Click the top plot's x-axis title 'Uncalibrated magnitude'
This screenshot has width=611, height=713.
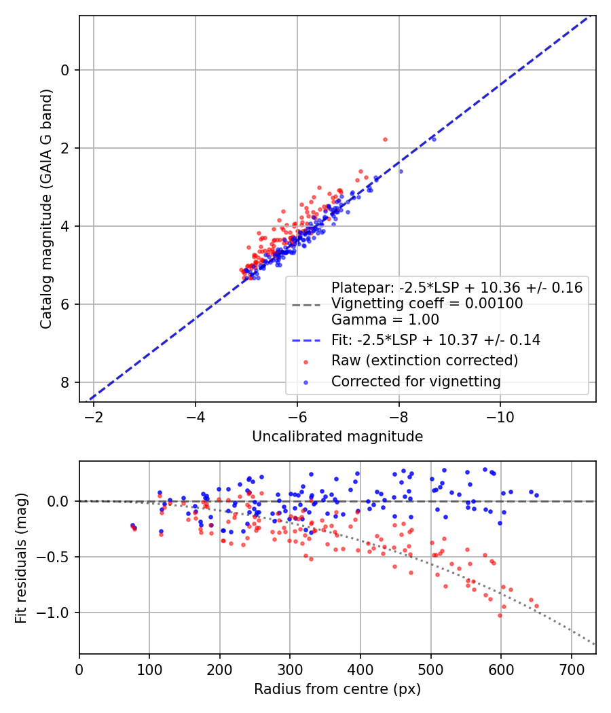(x=337, y=437)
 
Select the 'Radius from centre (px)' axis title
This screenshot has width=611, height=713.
(x=337, y=689)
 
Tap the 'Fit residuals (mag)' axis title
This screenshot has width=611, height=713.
(x=21, y=558)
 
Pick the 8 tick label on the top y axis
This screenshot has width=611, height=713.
(x=65, y=382)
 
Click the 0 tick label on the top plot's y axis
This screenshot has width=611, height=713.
(x=65, y=70)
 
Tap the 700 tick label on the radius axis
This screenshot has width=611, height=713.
(x=571, y=669)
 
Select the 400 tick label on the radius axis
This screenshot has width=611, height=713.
(x=360, y=669)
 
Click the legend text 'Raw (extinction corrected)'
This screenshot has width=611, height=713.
(x=424, y=360)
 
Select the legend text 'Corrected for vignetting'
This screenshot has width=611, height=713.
(x=415, y=382)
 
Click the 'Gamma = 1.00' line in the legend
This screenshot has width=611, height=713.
(x=385, y=319)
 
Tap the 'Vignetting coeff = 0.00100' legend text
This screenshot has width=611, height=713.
(x=427, y=304)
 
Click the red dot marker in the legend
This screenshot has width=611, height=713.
(x=307, y=360)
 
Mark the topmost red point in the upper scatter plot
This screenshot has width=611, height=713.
(x=385, y=139)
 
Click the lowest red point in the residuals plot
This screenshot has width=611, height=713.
(x=500, y=615)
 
